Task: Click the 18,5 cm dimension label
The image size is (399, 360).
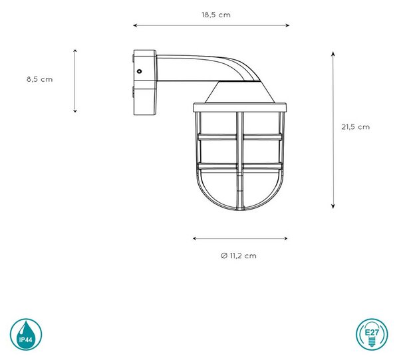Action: (216, 15)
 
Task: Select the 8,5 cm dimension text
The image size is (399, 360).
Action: (40, 79)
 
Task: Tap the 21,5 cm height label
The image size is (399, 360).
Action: (356, 127)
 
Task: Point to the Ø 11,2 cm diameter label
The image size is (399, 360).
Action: (239, 256)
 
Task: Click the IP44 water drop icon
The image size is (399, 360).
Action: (26, 334)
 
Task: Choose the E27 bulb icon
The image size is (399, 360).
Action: (372, 334)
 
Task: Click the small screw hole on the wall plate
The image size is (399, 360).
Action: (139, 71)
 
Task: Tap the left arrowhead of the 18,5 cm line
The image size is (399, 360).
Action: (136, 25)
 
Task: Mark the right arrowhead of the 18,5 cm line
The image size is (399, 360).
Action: (287, 25)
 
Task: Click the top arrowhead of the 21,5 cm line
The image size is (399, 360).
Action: (333, 54)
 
